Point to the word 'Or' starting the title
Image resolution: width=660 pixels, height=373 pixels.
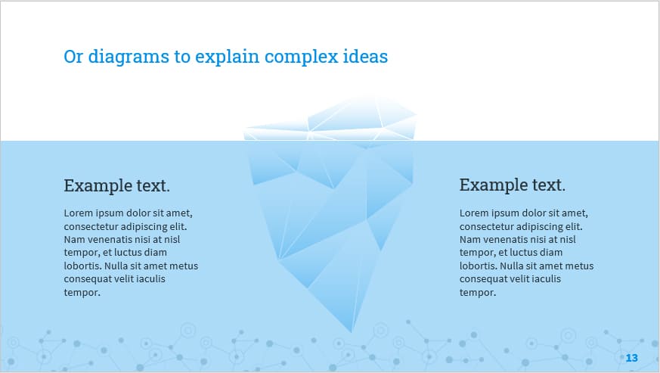pos(73,57)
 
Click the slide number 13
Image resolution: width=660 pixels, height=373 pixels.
pos(632,358)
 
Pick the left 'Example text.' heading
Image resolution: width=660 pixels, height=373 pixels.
pos(116,185)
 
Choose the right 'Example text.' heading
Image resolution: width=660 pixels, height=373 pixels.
pos(512,185)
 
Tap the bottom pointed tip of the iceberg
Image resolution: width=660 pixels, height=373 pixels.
pos(352,331)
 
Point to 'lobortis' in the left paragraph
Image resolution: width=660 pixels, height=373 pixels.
pos(82,266)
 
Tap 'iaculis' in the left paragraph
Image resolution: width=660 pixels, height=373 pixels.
pos(149,279)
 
